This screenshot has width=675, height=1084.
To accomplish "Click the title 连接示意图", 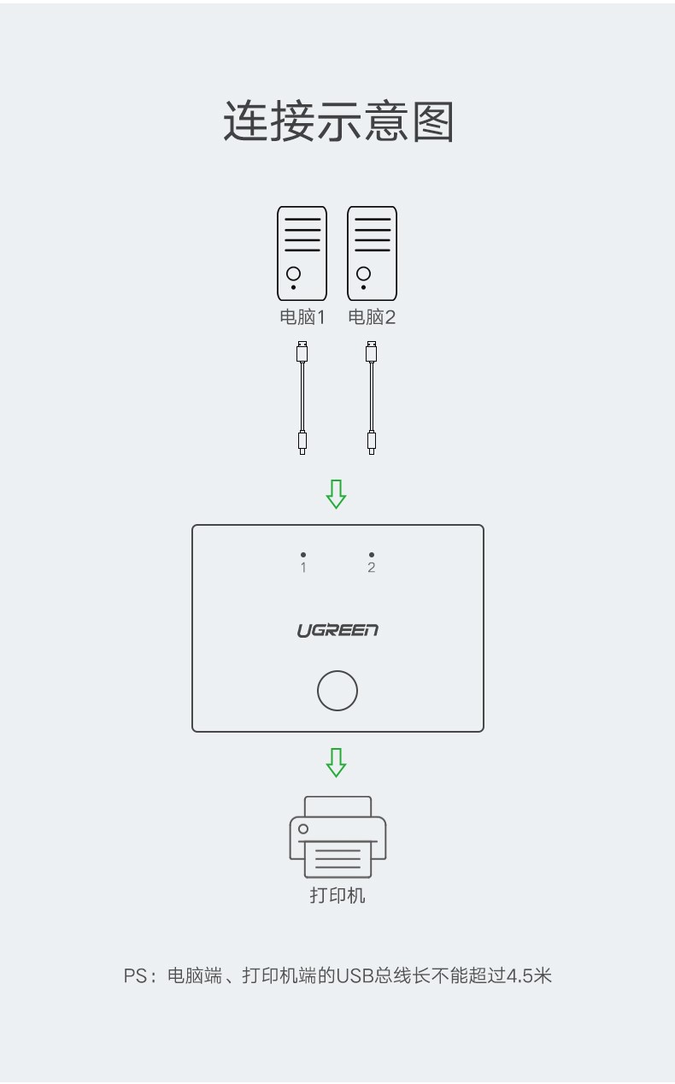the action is tap(338, 121).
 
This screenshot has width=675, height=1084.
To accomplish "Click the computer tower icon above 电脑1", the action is tap(302, 253).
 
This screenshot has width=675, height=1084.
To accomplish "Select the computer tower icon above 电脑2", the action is tap(372, 253).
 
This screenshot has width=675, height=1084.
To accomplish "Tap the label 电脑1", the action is tap(302, 317).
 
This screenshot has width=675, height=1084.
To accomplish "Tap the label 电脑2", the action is tap(372, 317).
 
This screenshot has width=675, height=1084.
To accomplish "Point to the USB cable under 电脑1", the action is tap(302, 398).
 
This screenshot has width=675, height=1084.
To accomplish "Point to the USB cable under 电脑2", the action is tap(372, 398).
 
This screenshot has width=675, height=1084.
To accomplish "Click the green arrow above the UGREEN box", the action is tap(336, 494).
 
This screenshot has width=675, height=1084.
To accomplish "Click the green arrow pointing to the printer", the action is tap(336, 763).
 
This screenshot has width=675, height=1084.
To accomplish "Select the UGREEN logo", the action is tap(337, 631).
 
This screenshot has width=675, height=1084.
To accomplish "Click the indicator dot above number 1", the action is tap(303, 555).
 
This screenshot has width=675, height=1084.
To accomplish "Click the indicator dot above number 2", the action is tap(372, 555).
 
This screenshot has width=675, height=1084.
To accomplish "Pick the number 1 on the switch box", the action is tap(303, 568).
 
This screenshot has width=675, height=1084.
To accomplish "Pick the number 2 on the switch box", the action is tap(372, 568).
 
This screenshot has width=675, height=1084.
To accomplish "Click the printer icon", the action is tap(337, 837).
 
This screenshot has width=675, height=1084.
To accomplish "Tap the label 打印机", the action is tap(337, 895).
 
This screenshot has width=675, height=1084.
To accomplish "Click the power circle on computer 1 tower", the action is tap(294, 274).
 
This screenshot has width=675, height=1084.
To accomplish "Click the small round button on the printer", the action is tap(303, 829).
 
